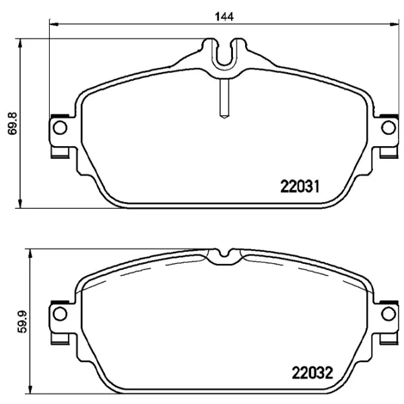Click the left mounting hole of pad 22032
pyautogui.click(x=60, y=313)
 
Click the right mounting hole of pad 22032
pyautogui.click(x=389, y=313)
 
